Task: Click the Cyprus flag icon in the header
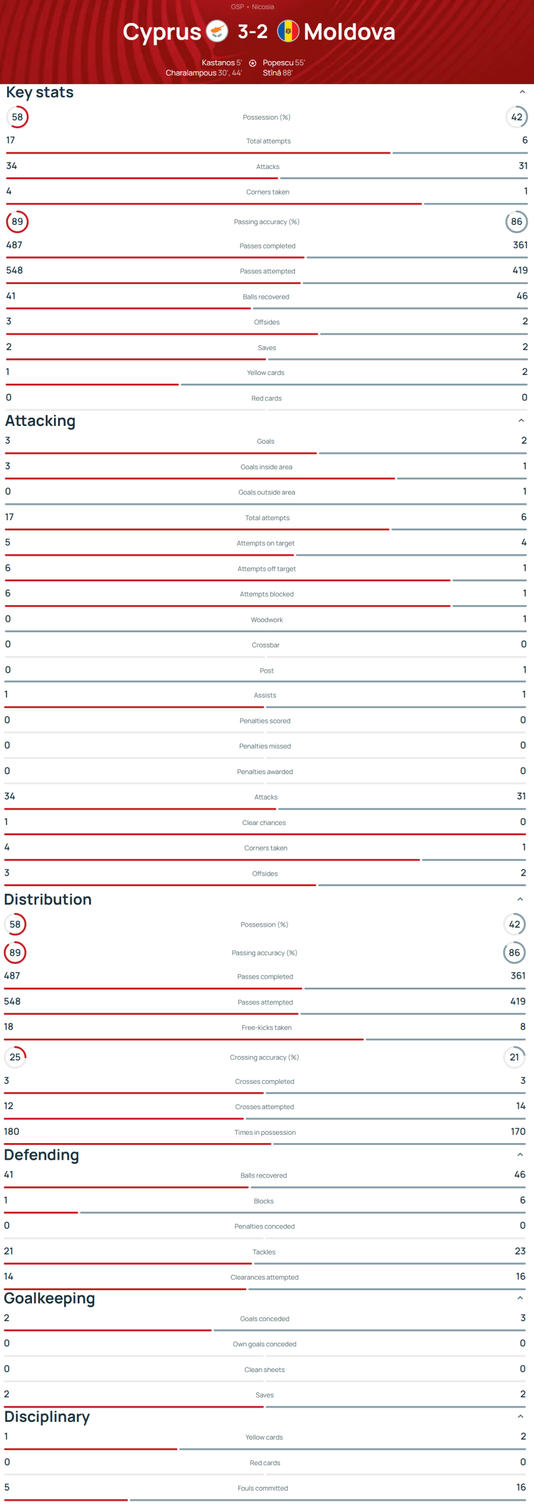click(x=217, y=31)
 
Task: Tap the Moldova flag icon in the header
click(x=288, y=31)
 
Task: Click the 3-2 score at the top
click(x=253, y=31)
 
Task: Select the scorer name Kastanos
click(x=218, y=63)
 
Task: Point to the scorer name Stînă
click(x=272, y=73)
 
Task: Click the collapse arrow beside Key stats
click(x=522, y=92)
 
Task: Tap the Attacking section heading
click(x=40, y=421)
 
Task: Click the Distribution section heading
click(x=48, y=899)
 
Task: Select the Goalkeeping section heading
click(x=49, y=1298)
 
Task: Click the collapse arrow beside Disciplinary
click(x=520, y=1416)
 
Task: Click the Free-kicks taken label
click(x=266, y=1027)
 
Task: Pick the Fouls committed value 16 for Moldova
click(x=520, y=1487)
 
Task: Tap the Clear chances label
click(x=264, y=823)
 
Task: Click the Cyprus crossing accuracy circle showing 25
click(x=15, y=1057)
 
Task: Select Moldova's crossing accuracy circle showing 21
click(x=514, y=1057)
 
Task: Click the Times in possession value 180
click(x=11, y=1131)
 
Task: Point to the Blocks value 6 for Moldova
click(x=522, y=1200)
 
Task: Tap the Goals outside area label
click(x=266, y=492)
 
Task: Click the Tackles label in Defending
click(x=264, y=1252)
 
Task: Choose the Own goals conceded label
click(x=265, y=1344)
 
